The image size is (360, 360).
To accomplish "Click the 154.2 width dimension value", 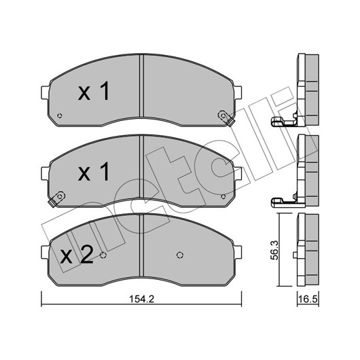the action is click(141, 299).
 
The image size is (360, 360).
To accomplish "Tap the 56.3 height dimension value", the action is click(274, 250).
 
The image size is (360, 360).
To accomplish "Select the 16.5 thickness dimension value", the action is click(308, 300).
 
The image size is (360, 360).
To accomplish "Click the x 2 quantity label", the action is click(77, 255).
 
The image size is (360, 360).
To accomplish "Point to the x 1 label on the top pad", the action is click(94, 91).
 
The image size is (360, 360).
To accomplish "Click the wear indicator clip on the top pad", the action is click(226, 118).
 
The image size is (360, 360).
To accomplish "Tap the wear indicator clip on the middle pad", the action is click(56, 198).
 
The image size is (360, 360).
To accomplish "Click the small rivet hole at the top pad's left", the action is click(60, 115).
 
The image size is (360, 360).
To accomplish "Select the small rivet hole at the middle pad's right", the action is click(223, 196).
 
